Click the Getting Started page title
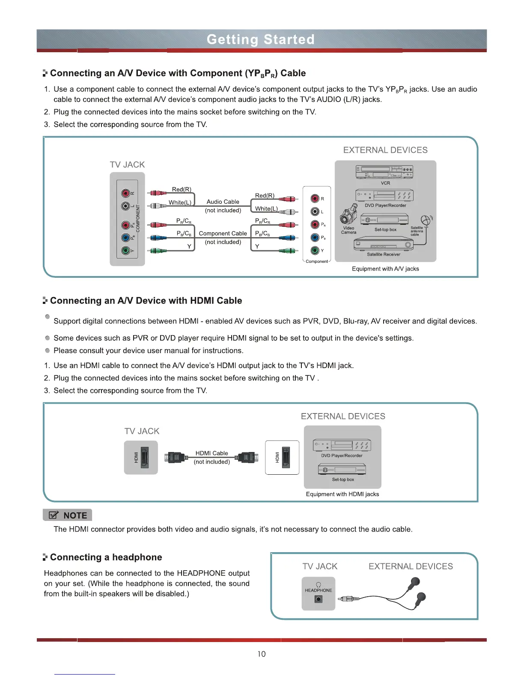(261, 39)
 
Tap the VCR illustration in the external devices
(384, 172)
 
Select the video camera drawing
(349, 214)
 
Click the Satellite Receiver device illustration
(383, 245)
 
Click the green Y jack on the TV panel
(125, 251)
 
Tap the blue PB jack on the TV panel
(125, 238)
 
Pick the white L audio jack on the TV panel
(125, 206)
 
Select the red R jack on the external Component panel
(315, 198)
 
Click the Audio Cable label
(223, 202)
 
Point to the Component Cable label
(223, 233)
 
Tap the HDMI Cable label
(211, 453)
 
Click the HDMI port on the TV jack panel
(144, 458)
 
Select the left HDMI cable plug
(176, 458)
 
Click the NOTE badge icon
(54, 515)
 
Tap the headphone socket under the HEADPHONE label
(318, 599)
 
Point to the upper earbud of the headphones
(414, 582)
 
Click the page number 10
(261, 654)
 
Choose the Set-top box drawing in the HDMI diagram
(342, 470)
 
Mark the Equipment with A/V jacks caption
(385, 269)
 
